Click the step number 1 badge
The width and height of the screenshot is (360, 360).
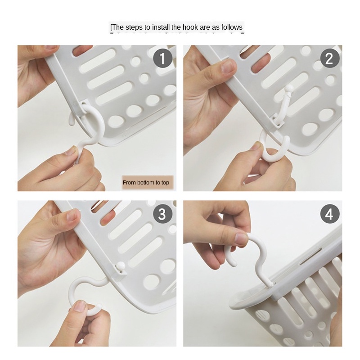click(x=163, y=58)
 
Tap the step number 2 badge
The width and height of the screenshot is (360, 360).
click(x=330, y=58)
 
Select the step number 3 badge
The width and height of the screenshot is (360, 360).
click(x=163, y=214)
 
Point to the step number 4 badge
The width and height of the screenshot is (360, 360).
click(x=330, y=214)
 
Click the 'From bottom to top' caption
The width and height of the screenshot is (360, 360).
click(x=146, y=183)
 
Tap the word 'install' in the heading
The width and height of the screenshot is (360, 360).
click(x=161, y=27)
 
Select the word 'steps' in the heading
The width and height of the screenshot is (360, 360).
click(x=134, y=28)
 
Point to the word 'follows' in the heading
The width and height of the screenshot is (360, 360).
click(x=232, y=27)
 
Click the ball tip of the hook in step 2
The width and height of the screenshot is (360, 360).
click(x=288, y=88)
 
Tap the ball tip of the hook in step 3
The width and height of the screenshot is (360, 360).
click(x=121, y=267)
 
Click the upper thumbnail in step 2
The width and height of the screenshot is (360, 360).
click(x=228, y=67)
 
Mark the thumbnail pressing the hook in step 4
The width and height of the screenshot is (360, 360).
click(x=242, y=239)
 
